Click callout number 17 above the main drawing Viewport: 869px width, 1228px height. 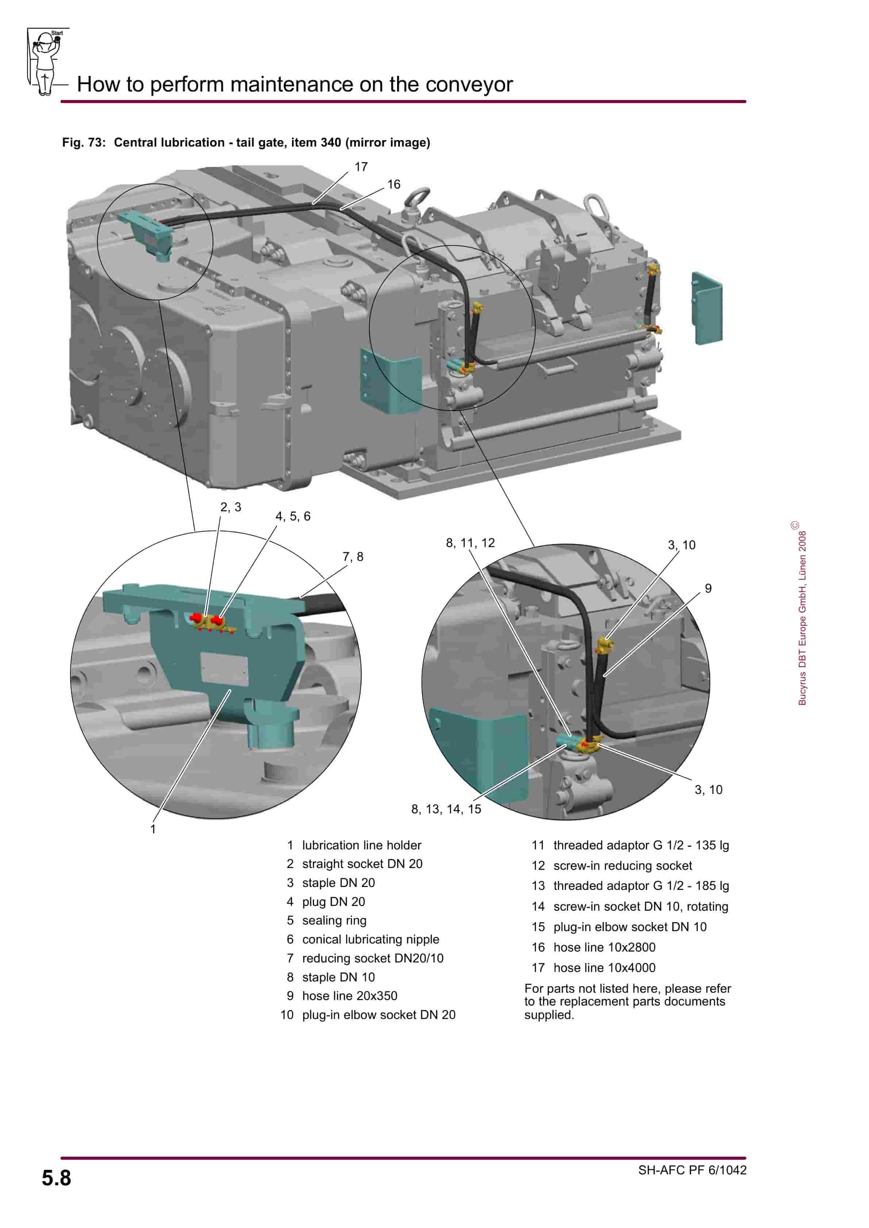coord(361,167)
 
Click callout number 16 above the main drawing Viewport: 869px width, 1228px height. coord(394,185)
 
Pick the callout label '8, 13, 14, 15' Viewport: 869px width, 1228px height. coord(446,809)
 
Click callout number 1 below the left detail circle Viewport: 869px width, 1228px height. coord(153,829)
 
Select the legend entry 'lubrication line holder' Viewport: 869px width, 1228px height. coord(361,845)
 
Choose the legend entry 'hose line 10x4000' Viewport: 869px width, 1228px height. coord(604,968)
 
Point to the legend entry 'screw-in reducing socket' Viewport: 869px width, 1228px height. coord(622,865)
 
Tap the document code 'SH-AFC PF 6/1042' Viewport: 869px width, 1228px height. coord(692,1170)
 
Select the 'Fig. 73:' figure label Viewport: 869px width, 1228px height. coord(84,143)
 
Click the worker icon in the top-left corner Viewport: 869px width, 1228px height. coord(46,62)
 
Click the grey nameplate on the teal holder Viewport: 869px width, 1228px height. coord(224,669)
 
